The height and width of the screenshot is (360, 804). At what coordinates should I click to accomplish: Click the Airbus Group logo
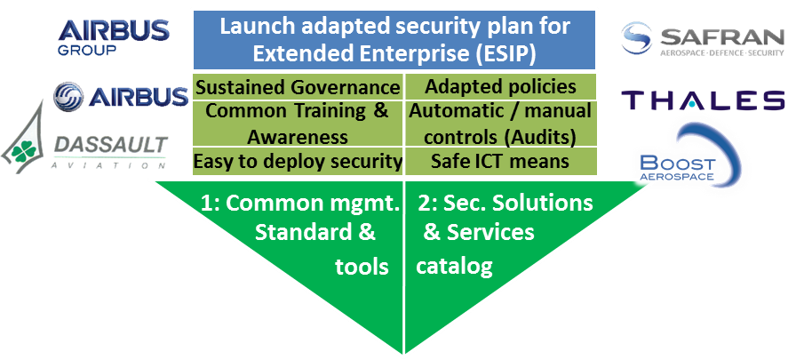pos(114,37)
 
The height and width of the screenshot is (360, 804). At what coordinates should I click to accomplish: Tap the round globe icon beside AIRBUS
pos(68,96)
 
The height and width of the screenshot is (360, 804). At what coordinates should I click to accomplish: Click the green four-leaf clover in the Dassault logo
pos(25,150)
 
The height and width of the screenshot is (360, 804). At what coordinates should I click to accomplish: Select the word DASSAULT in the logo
pos(111,146)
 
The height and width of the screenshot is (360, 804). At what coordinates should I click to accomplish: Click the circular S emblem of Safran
pos(636,38)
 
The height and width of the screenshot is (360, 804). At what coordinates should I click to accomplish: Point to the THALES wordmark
pos(703,100)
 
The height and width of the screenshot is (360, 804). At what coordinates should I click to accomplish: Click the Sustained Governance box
pos(299,87)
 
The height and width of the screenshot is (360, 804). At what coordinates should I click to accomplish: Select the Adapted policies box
pos(500,87)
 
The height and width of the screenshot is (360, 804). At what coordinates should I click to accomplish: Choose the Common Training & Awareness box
pos(299,124)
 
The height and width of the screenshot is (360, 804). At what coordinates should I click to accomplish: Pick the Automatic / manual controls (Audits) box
pos(500,124)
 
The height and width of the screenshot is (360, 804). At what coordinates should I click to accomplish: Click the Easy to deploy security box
pos(299,162)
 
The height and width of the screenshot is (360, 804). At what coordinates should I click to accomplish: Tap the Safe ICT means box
pos(500,162)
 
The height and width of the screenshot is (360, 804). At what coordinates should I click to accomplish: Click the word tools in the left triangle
pos(362,267)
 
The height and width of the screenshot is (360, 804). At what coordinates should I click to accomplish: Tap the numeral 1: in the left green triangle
pos(211,204)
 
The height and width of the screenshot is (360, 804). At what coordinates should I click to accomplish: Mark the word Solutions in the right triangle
pos(543,203)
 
